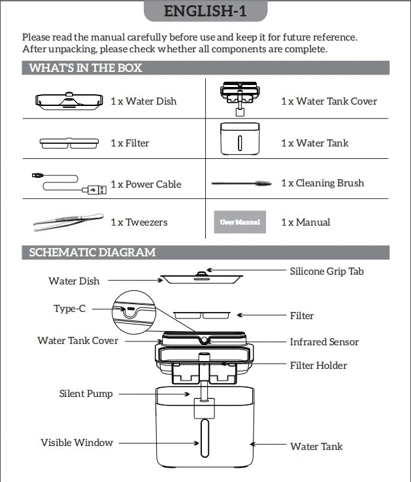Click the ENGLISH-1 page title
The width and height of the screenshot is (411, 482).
coord(205,11)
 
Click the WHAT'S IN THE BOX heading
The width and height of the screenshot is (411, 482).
coord(86,68)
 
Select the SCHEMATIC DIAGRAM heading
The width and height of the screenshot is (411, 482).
coord(92,252)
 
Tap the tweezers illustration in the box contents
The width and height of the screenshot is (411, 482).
coord(68,222)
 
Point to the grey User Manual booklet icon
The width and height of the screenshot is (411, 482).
coord(240,222)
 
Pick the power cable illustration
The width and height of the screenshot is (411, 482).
coord(68,183)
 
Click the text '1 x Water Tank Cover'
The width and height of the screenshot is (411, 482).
coord(329,101)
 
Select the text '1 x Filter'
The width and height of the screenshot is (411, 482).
coord(130,143)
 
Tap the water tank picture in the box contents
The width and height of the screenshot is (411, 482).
coord(240,139)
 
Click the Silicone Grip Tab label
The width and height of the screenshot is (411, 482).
coord(327,271)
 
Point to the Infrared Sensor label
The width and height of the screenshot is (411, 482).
coord(324,342)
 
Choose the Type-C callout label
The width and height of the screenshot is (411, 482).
coord(69,309)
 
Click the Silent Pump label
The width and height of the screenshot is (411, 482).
coord(86,394)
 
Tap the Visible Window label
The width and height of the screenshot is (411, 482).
coord(76,443)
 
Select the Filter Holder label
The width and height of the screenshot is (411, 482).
coord(318,366)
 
